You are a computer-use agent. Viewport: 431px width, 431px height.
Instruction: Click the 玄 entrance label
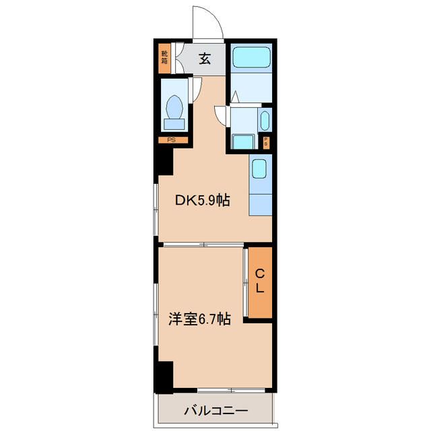(205, 59)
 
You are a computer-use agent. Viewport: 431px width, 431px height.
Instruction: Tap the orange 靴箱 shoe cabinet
(164, 59)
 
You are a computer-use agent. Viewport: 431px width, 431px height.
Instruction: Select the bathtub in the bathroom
(251, 57)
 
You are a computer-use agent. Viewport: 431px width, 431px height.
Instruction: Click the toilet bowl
(174, 107)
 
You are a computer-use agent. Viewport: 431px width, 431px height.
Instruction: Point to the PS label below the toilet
(171, 140)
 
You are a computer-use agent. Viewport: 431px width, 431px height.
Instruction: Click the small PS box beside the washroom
(266, 143)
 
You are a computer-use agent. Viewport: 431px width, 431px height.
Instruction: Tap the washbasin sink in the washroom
(265, 121)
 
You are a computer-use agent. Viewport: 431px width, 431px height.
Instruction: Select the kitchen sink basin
(259, 169)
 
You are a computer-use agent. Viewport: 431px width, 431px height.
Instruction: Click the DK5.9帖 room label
(203, 201)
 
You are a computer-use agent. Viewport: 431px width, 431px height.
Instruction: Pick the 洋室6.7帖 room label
(199, 319)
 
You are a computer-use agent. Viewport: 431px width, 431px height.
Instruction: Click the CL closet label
(260, 281)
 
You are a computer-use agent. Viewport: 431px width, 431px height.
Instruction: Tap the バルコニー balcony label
(215, 411)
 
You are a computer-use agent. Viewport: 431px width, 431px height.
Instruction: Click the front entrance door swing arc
(214, 17)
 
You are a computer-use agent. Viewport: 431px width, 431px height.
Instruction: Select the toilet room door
(195, 90)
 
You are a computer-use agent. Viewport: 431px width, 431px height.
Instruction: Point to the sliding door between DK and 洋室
(203, 244)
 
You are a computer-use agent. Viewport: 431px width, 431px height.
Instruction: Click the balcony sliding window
(231, 390)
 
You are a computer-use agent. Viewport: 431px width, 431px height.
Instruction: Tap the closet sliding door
(246, 282)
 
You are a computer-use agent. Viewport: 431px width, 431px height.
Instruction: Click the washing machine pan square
(243, 142)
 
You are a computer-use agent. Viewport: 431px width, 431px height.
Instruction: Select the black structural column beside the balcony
(164, 377)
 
